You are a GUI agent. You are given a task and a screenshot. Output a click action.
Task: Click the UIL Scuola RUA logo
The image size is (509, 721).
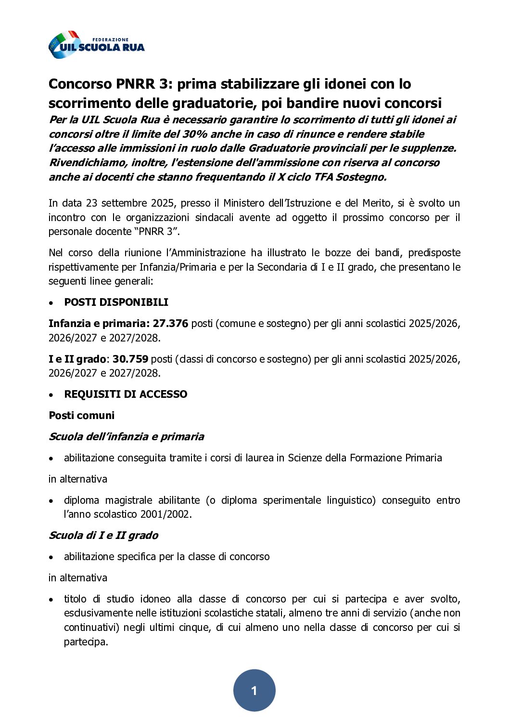click(96, 45)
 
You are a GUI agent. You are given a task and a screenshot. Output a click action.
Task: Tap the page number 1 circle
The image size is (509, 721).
click(254, 690)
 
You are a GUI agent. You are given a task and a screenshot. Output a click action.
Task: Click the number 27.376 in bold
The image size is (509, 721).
click(170, 324)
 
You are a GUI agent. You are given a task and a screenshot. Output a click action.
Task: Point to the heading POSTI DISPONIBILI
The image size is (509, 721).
click(116, 302)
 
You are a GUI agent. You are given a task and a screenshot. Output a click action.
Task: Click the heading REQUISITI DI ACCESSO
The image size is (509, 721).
click(126, 394)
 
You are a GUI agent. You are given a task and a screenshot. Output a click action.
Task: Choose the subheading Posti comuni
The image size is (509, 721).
click(81, 416)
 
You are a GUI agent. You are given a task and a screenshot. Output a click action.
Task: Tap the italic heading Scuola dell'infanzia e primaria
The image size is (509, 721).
click(126, 437)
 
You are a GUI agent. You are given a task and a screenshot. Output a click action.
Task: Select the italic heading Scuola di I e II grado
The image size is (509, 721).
click(103, 536)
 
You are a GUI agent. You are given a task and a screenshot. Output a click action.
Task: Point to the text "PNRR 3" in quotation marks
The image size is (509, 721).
click(153, 232)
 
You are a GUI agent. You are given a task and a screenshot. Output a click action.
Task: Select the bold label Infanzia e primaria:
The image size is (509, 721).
click(99, 324)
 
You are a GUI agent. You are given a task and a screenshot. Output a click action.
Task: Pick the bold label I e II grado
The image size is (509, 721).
click(77, 359)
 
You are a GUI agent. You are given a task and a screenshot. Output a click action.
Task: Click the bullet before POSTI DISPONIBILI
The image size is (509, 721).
click(51, 303)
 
